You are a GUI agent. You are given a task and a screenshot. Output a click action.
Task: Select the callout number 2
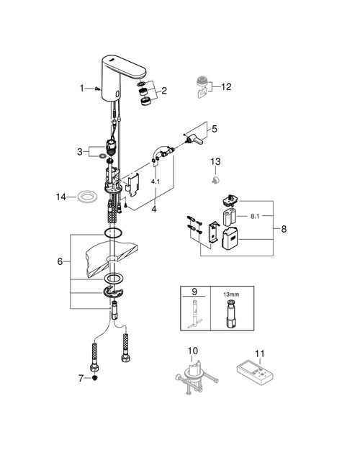[164, 91]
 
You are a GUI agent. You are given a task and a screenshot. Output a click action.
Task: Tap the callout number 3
[81, 151]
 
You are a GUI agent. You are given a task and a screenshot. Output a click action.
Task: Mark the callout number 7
[81, 378]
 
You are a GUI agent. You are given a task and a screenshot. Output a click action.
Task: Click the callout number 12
[226, 87]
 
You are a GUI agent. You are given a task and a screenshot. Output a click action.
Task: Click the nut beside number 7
[95, 377]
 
